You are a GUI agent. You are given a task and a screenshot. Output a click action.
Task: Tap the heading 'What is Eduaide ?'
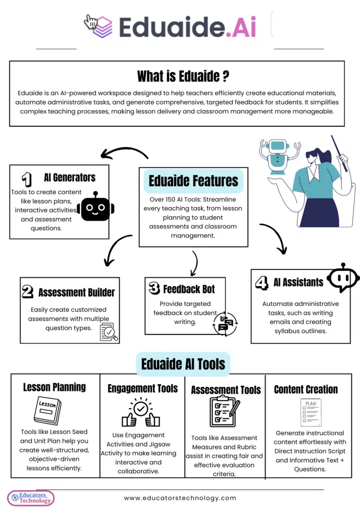(183, 76)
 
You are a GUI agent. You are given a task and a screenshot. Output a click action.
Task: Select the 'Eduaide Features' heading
(193, 181)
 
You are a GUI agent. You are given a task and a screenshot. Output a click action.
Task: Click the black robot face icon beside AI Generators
(95, 206)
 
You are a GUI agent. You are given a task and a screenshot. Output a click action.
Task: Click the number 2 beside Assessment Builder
(28, 292)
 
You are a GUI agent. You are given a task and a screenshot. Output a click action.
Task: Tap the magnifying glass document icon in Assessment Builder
(109, 332)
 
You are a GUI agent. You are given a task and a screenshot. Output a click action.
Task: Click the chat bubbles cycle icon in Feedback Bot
(225, 323)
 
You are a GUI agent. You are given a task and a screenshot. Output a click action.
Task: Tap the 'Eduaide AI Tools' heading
(183, 364)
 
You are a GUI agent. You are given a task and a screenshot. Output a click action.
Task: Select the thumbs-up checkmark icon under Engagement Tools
(141, 412)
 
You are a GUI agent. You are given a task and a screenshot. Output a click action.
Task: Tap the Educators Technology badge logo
(31, 498)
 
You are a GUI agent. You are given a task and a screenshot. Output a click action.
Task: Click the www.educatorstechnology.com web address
(180, 498)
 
